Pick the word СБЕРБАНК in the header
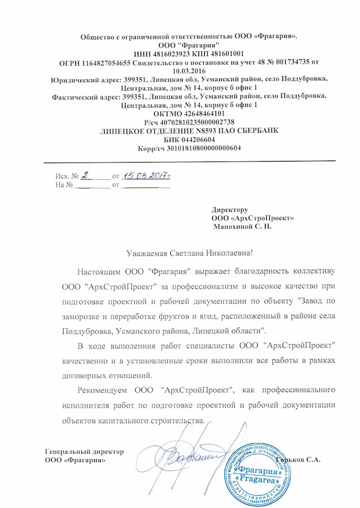(x=253, y=131)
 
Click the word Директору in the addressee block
(x=229, y=209)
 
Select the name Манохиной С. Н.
(x=243, y=227)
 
